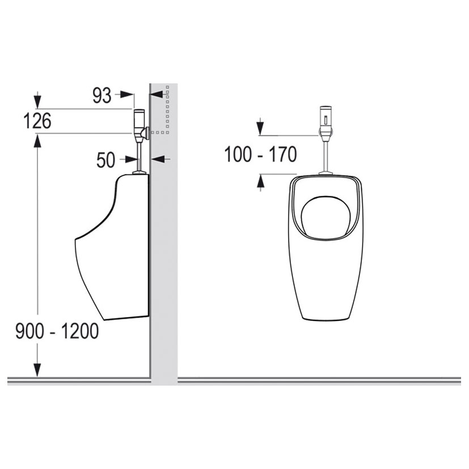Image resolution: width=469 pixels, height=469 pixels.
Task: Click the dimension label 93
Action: pos(102,95)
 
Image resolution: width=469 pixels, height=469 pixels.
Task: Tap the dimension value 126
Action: pos(37,121)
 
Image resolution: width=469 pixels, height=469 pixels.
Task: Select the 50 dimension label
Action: pos(105,160)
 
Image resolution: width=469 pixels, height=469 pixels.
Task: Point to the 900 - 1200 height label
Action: pos(57,331)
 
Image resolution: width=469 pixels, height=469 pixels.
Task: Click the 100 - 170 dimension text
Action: pos(260,154)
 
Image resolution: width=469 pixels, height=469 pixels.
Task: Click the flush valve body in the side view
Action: pos(140,126)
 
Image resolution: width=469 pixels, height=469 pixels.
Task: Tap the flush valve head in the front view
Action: pos(326,123)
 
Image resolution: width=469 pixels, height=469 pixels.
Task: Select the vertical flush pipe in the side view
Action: pos(139,157)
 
